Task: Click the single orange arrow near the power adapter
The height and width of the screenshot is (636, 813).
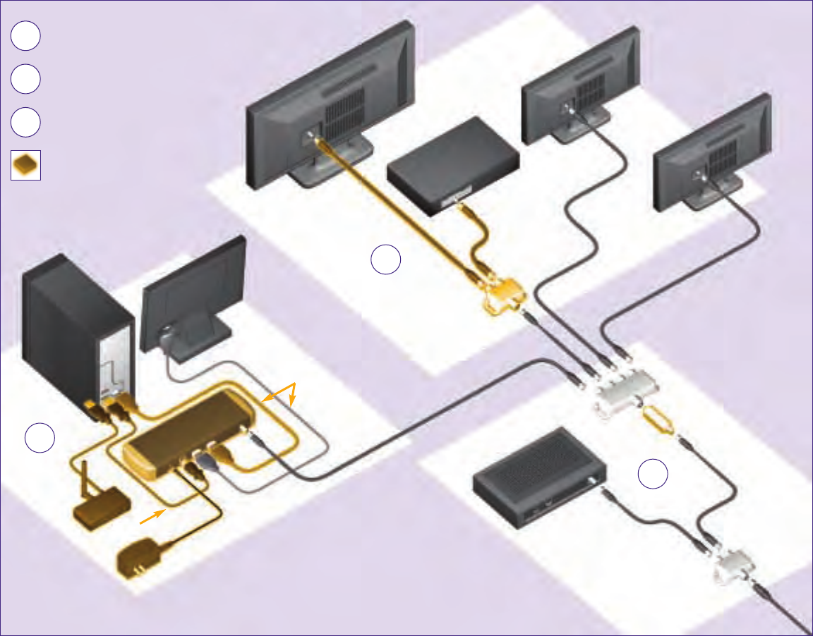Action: pos(152,518)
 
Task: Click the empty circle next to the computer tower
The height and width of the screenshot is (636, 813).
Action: pos(40,438)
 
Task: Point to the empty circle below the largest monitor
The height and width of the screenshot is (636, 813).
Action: pos(386,260)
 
